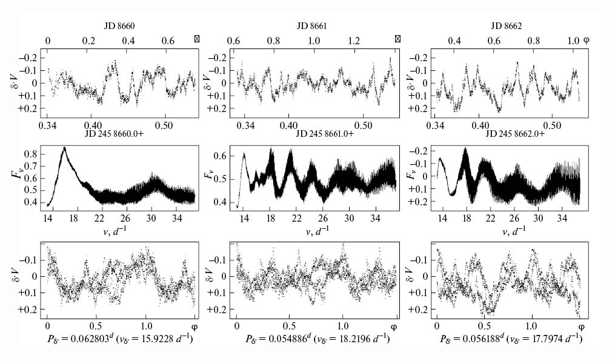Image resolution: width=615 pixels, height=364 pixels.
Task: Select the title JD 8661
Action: (x=312, y=26)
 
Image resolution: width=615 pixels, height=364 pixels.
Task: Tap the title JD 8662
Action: (x=506, y=26)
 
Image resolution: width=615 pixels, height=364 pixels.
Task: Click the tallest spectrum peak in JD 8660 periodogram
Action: (x=64, y=148)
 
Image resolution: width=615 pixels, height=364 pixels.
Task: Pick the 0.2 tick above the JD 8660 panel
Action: (x=88, y=41)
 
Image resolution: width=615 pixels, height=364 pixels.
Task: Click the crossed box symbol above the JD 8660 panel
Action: (x=197, y=39)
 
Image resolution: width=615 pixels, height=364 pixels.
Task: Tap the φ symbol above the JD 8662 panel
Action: (x=586, y=41)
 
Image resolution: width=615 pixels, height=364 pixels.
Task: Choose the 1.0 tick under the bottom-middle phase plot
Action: (x=343, y=326)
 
